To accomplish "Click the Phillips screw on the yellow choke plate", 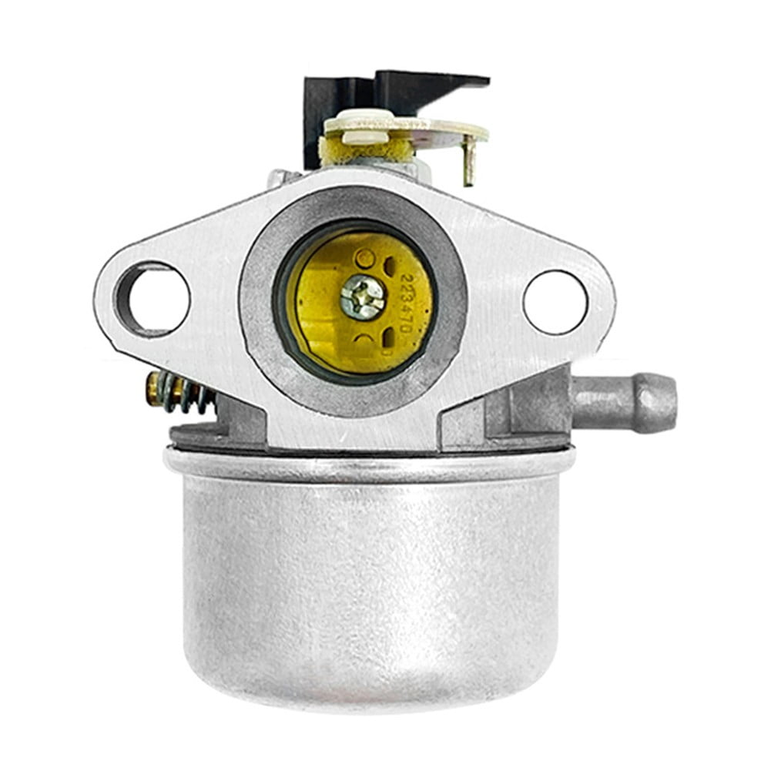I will point(362,297).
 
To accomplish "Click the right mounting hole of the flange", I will point(555,301).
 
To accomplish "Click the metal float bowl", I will point(370,585).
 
